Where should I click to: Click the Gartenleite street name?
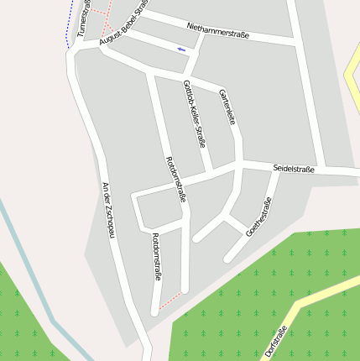pos(227,107)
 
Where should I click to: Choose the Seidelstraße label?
pos(294,170)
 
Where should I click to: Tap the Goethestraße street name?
pos(259,217)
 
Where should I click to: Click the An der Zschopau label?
pos(107,210)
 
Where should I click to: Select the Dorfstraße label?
pos(276,341)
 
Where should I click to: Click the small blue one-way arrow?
pos(180,50)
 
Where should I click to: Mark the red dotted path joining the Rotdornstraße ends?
pos(170,301)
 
